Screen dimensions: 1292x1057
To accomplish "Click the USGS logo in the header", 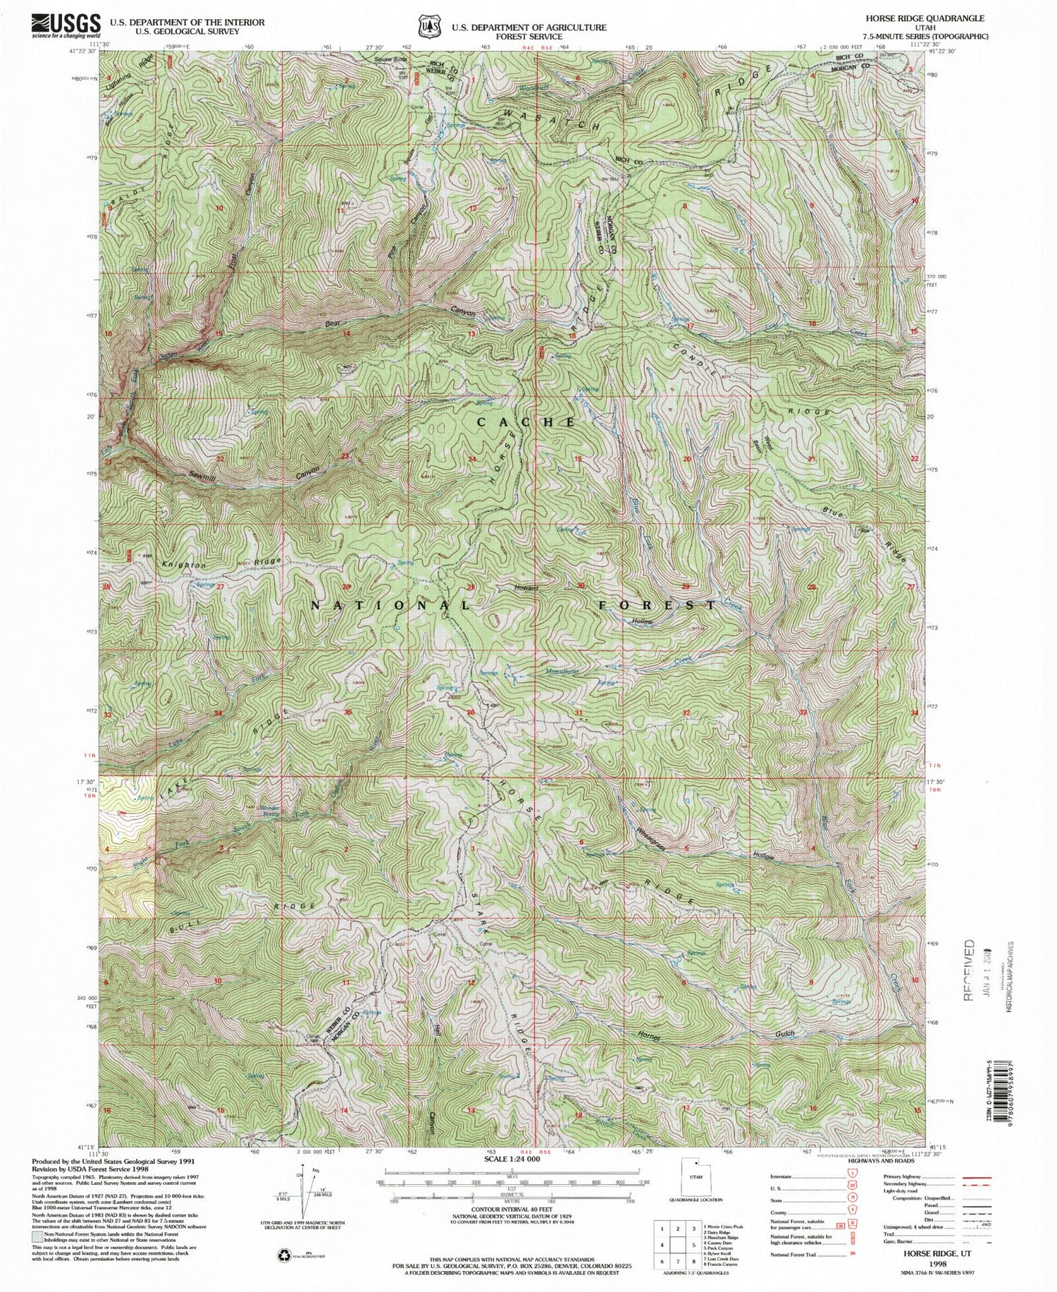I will coord(65,27).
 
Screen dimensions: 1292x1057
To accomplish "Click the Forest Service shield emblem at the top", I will coord(426,26).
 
